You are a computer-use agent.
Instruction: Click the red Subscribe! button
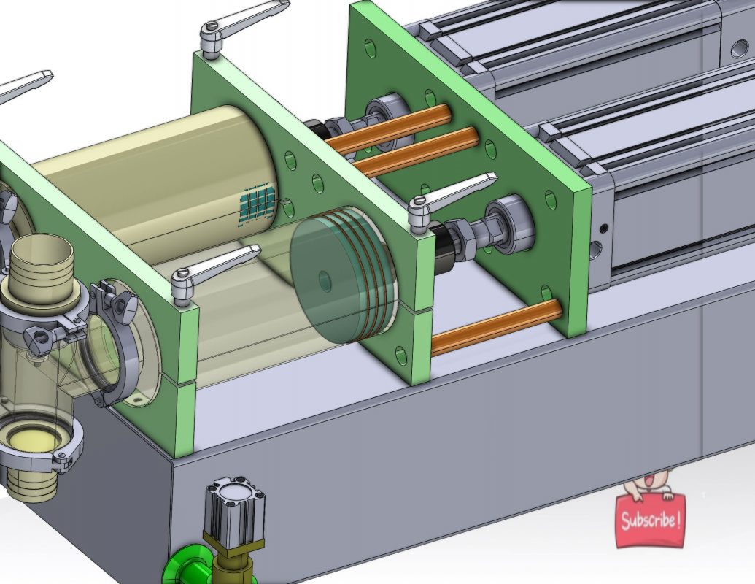(x=650, y=521)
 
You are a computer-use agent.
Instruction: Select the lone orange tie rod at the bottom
(x=496, y=328)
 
